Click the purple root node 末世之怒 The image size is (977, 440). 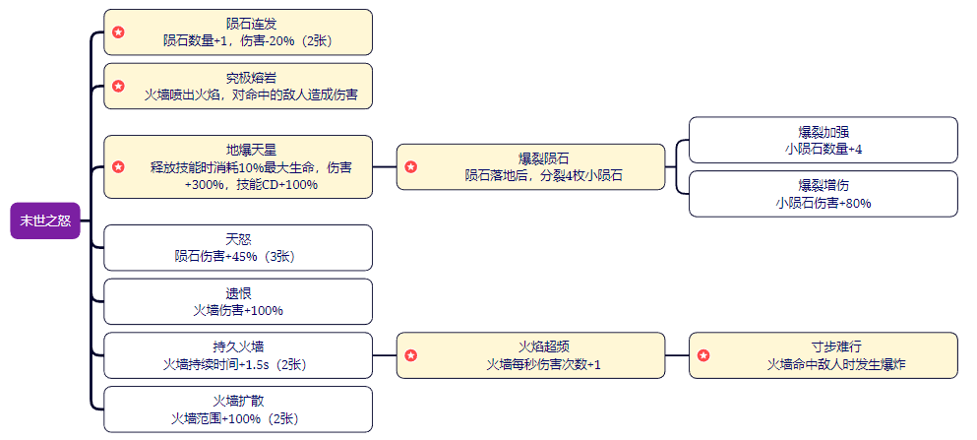(x=44, y=220)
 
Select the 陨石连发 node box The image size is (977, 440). (x=238, y=32)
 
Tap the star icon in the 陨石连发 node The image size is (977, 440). (x=118, y=32)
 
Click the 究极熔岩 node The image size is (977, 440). (x=238, y=87)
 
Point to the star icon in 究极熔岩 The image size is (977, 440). (x=118, y=87)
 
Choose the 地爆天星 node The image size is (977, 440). (x=238, y=167)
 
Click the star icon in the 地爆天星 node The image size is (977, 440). (x=118, y=167)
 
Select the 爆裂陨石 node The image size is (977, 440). (x=530, y=167)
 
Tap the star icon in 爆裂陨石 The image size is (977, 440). (x=410, y=167)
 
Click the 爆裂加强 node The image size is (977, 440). (x=823, y=140)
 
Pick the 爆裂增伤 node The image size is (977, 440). (x=823, y=194)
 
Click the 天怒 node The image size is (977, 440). (x=238, y=247)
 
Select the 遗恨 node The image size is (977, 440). (x=238, y=301)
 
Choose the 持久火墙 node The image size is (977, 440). (x=238, y=355)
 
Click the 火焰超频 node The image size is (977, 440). (x=530, y=355)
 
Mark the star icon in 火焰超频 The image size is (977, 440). (x=410, y=355)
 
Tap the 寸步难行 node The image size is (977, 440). (x=823, y=355)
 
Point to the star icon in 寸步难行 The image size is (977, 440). (x=703, y=355)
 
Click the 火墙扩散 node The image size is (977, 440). (x=238, y=409)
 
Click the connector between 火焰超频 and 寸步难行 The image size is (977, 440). (x=677, y=355)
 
